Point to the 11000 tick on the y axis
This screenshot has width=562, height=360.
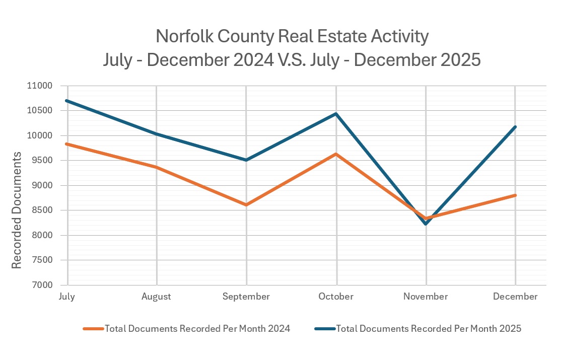tap(39, 86)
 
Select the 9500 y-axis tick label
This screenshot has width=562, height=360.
tap(41, 161)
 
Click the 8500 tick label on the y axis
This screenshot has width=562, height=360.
tap(41, 210)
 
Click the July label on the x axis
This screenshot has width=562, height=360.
tap(66, 297)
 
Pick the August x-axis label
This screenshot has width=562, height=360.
tap(156, 297)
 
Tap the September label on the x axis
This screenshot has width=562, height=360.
tap(246, 297)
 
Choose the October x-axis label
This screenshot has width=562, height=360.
tap(336, 297)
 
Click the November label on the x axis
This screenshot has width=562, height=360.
tap(426, 297)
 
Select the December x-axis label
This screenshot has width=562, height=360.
tap(515, 297)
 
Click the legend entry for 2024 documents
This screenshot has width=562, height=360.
tap(197, 329)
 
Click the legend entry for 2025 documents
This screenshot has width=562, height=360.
tap(428, 329)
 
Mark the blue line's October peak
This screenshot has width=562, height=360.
tap(336, 114)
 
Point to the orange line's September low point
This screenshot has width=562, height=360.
tap(246, 205)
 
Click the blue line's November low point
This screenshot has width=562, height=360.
tap(426, 224)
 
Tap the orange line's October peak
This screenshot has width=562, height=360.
tap(336, 154)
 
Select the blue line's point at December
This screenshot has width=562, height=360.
tap(515, 127)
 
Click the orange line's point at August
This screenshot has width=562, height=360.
tap(157, 167)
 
